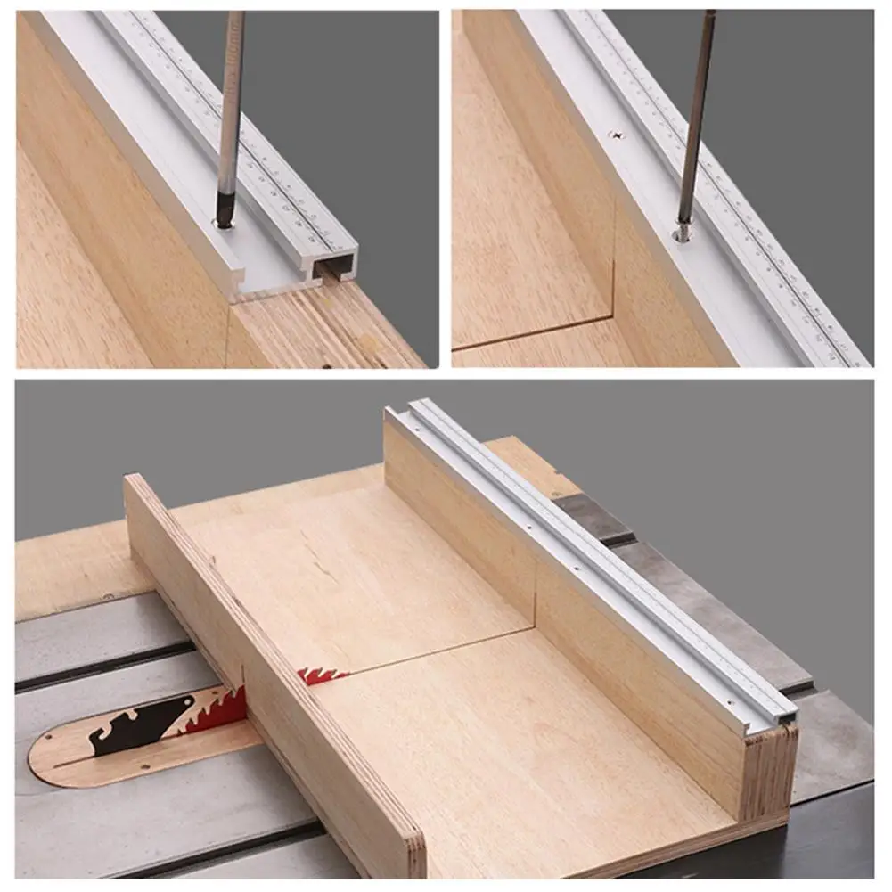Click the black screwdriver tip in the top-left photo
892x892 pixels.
(x=226, y=214)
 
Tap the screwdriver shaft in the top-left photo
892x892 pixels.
(x=231, y=98)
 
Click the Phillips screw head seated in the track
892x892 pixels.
(x=616, y=135)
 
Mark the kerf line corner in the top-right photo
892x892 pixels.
(x=614, y=315)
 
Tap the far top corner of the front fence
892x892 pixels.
(x=134, y=481)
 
